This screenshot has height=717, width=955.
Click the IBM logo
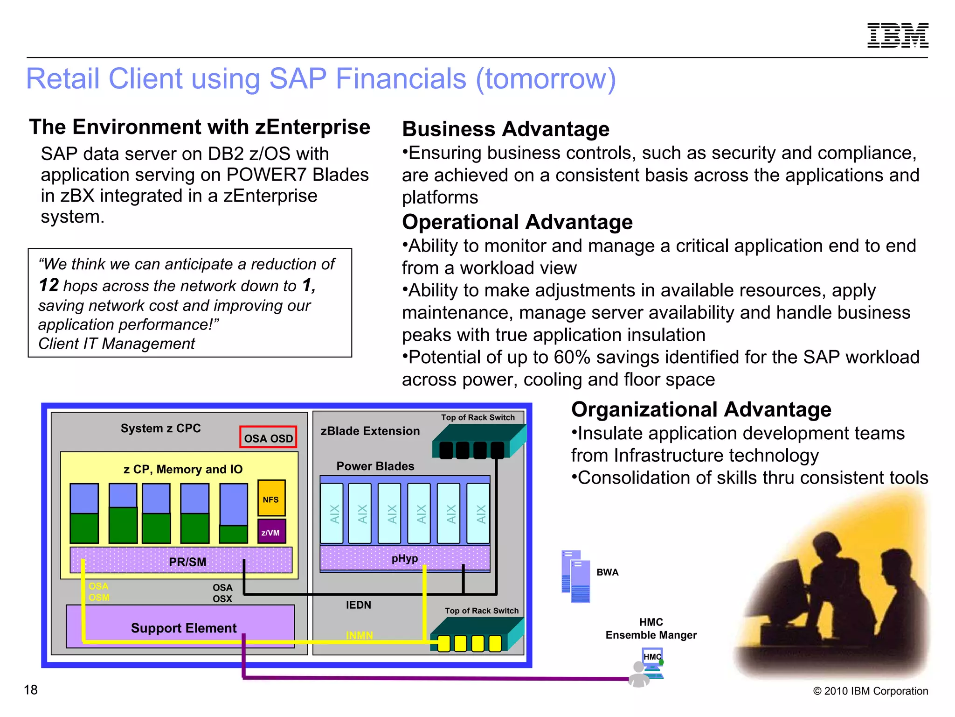click(898, 35)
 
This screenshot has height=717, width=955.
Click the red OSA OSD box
click(268, 437)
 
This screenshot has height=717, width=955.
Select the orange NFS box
click(271, 498)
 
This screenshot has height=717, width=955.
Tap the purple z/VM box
click(271, 532)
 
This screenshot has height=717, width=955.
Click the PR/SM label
click(187, 562)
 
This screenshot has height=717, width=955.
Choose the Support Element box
click(183, 628)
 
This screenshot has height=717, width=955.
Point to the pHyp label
click(404, 558)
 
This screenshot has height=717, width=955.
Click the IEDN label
click(358, 605)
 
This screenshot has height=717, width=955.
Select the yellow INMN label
click(359, 635)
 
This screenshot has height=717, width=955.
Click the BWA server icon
click(576, 576)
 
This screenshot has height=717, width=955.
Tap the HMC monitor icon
click(652, 659)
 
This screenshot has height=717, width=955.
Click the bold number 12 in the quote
click(48, 285)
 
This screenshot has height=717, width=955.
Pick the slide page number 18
click(31, 689)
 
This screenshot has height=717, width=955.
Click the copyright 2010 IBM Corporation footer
click(870, 691)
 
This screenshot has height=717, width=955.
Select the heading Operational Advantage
click(517, 222)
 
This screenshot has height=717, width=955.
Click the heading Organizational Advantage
click(701, 409)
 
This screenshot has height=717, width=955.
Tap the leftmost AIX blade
click(332, 513)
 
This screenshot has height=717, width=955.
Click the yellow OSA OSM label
click(99, 592)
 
